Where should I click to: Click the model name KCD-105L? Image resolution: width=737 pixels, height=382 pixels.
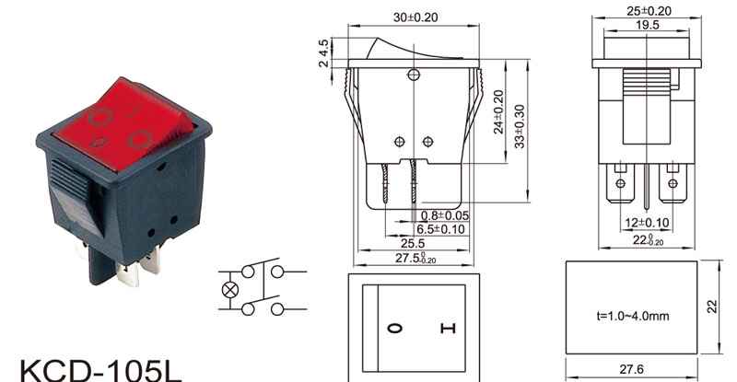[x=100, y=371]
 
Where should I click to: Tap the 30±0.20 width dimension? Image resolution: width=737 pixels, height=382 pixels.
[x=415, y=17]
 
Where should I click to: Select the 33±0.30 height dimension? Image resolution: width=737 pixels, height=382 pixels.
[x=519, y=126]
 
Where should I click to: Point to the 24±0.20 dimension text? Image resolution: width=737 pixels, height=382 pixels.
[x=498, y=111]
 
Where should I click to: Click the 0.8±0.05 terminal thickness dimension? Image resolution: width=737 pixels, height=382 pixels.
[x=445, y=215]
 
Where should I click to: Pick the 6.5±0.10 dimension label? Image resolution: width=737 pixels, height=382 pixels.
[x=440, y=229]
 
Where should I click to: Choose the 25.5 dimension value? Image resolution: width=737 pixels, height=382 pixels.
[x=412, y=243]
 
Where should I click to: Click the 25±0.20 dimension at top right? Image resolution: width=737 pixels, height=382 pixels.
[x=649, y=11]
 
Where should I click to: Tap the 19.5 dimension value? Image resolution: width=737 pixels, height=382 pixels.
[x=648, y=25]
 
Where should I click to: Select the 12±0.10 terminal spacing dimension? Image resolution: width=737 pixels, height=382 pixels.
[x=647, y=222]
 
